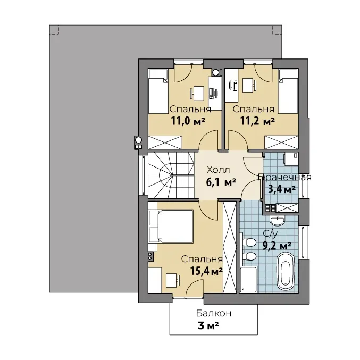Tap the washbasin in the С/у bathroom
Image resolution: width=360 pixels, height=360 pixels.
(x=278, y=221)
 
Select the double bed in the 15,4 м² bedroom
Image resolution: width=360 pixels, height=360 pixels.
(x=171, y=226)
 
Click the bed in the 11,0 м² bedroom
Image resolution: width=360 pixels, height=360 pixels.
(x=158, y=91)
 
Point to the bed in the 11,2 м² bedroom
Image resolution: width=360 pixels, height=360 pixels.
(x=288, y=91)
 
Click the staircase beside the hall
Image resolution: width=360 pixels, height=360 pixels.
(x=171, y=175)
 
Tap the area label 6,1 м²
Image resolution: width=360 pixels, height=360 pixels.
(x=221, y=182)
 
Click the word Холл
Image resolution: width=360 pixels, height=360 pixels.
(x=218, y=170)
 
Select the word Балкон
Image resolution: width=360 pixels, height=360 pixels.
(x=214, y=313)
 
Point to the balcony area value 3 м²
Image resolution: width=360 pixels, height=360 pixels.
(x=208, y=325)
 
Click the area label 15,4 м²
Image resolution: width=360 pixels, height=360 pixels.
(x=206, y=271)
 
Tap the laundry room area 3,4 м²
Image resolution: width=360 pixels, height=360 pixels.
(x=282, y=190)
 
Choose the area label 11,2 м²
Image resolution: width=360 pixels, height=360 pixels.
(x=257, y=121)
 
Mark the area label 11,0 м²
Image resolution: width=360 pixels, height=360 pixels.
(x=188, y=121)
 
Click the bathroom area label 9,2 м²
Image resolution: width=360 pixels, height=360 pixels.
(x=277, y=246)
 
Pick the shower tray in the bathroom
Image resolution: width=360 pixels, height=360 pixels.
(x=248, y=279)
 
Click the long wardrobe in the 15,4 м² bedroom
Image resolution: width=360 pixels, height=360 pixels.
(x=230, y=247)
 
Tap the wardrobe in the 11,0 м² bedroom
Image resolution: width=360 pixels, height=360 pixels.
(x=165, y=142)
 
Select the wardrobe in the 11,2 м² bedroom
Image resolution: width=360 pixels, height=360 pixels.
(x=281, y=142)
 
